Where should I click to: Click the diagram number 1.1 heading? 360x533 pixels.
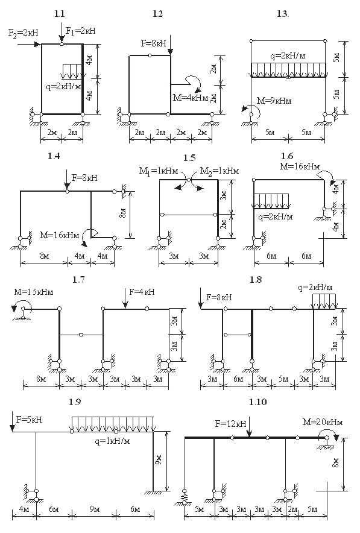point(59,14)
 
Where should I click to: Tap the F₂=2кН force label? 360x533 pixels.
point(23,33)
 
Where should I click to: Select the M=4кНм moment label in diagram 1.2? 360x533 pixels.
point(191,98)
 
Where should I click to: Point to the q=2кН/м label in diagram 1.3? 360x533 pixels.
point(288,55)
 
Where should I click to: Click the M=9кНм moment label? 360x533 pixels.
point(274,101)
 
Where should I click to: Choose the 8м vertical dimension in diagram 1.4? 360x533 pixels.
point(124,213)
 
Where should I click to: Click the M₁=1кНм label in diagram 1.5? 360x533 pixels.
point(159,171)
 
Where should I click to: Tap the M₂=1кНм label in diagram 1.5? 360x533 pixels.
point(219,171)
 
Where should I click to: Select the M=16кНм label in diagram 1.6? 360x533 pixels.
point(300,166)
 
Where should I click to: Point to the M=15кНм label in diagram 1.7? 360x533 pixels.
point(34,292)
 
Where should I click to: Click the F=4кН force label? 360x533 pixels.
point(142,292)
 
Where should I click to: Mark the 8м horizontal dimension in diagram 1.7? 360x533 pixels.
point(41,379)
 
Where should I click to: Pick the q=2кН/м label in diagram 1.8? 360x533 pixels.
point(315,288)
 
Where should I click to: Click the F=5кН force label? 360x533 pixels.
point(29,420)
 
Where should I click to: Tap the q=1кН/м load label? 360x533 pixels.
point(113,441)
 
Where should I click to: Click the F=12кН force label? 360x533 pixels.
point(230,424)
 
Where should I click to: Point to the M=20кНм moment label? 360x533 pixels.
point(323,422)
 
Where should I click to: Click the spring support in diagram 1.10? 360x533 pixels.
point(185,497)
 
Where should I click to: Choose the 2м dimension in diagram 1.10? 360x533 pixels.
point(292,509)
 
